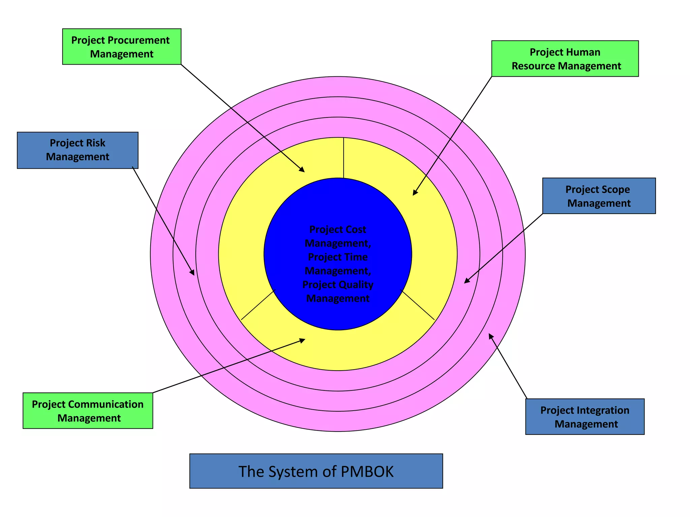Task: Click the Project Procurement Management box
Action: coord(122,46)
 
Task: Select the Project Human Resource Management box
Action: coord(565,59)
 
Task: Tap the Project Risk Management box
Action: coord(77,150)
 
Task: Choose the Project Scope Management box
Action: coord(599,196)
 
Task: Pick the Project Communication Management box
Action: coord(88,411)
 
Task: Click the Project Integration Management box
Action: coord(585,417)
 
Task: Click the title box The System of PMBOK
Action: coord(316,471)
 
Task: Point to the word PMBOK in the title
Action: coord(367,472)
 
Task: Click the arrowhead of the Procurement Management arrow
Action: coord(303,170)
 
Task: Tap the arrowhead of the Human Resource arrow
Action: coord(414,193)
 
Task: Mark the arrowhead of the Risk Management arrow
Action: coord(193,273)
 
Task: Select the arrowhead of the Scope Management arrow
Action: coord(466,281)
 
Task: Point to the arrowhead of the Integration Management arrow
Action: coord(490,336)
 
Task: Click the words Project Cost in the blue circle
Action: coord(338,230)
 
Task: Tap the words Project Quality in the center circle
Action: coord(338,285)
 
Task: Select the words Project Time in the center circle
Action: coord(338,257)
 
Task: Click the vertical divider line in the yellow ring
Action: coord(343,158)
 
